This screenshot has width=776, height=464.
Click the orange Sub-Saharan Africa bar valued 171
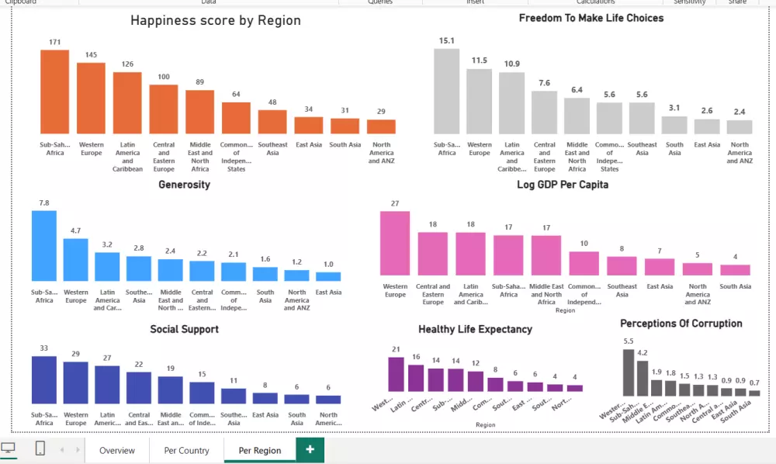[55, 92]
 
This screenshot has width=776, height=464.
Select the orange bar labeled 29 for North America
[381, 126]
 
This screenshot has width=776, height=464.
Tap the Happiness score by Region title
[215, 21]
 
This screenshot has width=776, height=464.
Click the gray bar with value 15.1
[446, 92]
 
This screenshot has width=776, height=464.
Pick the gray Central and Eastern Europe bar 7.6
[544, 113]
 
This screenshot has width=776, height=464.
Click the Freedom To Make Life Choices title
[591, 18]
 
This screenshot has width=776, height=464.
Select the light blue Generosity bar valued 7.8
[44, 245]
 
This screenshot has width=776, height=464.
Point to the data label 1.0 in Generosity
[328, 264]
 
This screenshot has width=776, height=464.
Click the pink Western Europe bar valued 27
[395, 243]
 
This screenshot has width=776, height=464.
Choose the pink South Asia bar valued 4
[735, 270]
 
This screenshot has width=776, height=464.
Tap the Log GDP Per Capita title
[563, 185]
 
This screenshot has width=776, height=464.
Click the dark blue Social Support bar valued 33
[44, 380]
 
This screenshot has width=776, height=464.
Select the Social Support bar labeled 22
[139, 388]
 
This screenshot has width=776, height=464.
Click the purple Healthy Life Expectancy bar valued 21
[396, 374]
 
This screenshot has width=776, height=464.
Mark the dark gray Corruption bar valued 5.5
[629, 372]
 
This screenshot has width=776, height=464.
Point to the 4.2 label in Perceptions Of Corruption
[643, 353]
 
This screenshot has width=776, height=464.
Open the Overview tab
[117, 451]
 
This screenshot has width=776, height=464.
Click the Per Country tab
[187, 451]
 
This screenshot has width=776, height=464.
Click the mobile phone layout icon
[40, 448]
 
